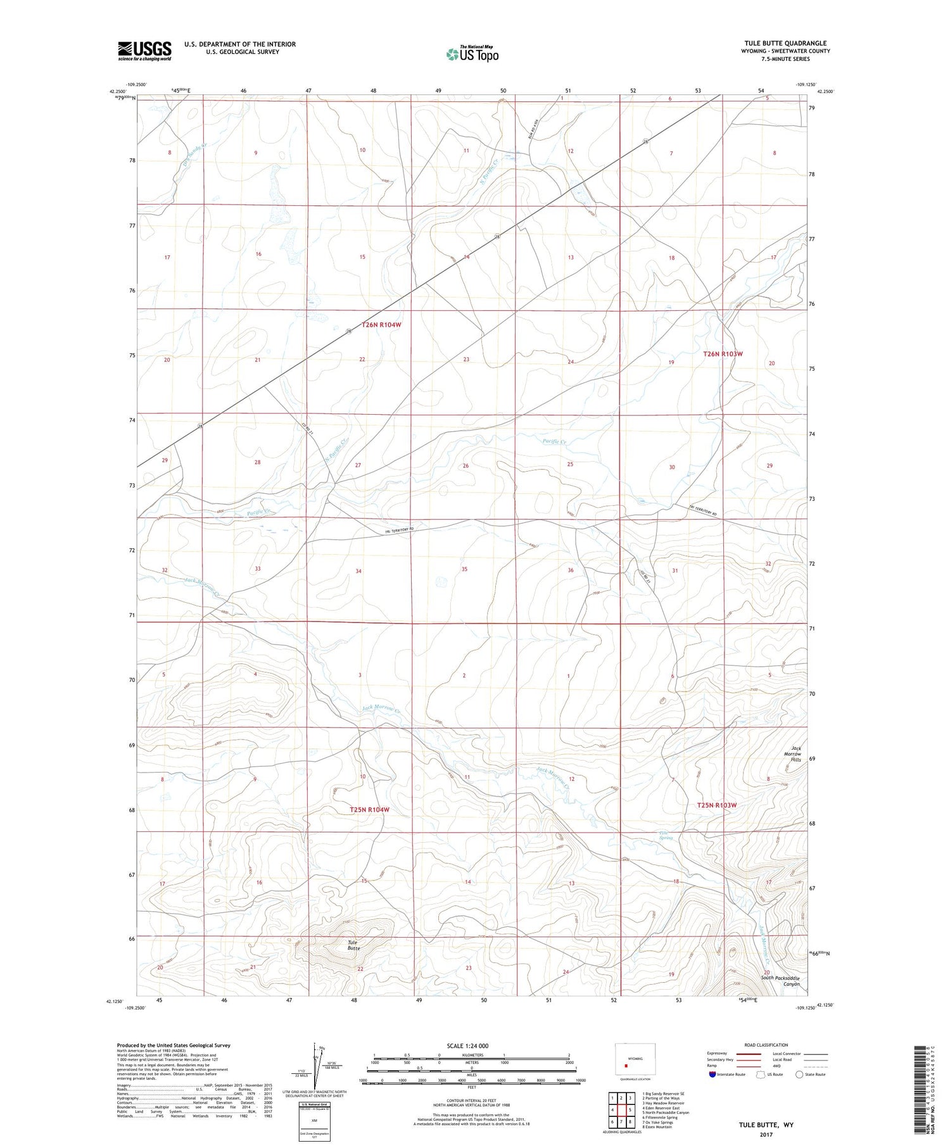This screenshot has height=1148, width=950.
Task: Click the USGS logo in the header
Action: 144,50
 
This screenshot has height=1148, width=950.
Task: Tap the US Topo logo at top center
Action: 472,54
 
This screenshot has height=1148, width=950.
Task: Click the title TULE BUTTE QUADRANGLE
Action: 785,43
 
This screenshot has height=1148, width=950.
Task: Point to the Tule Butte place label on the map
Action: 353,945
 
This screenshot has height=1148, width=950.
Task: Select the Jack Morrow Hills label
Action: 792,754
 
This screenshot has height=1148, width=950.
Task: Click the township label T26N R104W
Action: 381,325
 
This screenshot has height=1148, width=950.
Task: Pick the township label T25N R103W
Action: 717,805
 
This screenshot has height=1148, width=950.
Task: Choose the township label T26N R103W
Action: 723,354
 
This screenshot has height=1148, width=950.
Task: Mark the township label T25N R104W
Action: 369,810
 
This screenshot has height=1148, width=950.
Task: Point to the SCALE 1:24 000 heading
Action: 471,1045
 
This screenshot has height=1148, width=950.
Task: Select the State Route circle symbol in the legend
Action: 799,1075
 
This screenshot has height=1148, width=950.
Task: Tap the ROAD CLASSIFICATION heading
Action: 766,1045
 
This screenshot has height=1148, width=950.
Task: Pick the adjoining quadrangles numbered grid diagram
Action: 621,1110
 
